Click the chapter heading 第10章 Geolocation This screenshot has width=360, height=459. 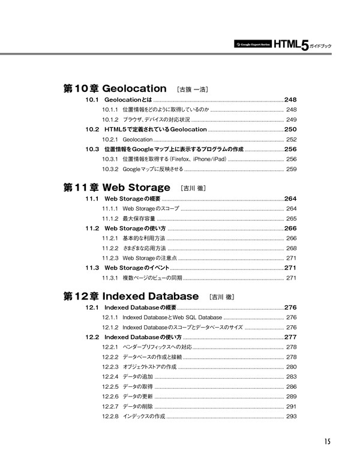click(x=115, y=88)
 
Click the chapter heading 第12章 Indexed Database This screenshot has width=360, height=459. click(x=131, y=296)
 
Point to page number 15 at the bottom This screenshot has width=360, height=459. click(x=325, y=442)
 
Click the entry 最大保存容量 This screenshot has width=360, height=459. click(x=138, y=218)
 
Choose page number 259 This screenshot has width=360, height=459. click(x=292, y=169)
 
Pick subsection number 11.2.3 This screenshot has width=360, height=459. click(x=109, y=258)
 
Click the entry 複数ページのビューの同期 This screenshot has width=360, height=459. click(x=152, y=278)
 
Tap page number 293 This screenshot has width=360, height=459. click(x=292, y=416)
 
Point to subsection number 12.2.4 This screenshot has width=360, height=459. click(x=109, y=377)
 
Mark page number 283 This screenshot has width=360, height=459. click(x=292, y=377)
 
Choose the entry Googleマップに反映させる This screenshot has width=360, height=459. click(x=152, y=169)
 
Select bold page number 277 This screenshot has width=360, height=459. click(x=291, y=337)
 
